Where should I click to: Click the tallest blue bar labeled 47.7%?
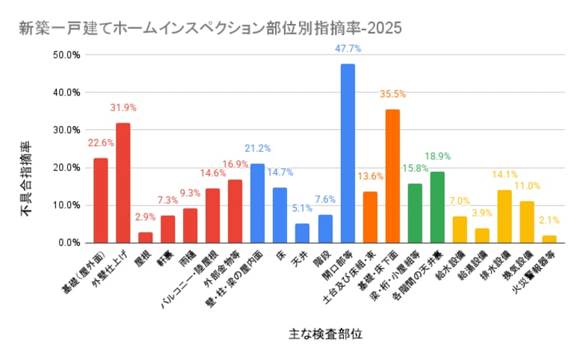tap(348, 153)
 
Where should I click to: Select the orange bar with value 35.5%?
tap(392, 176)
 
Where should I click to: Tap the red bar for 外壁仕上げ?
tap(123, 183)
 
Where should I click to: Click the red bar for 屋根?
tap(146, 238)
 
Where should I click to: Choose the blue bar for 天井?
tap(303, 233)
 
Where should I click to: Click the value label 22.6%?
tap(100, 143)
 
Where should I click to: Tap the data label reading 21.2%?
tap(258, 148)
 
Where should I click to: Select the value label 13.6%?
tap(369, 176)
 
